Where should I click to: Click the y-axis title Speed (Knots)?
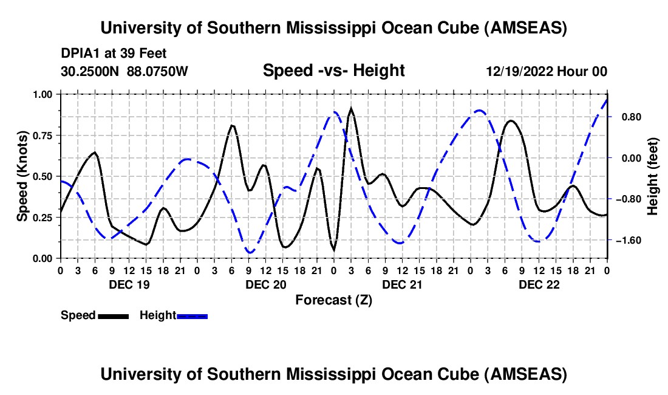pos(22,176)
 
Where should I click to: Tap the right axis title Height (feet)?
pos(653,176)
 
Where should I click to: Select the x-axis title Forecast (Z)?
pos(333,300)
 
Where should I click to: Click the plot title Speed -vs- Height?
pos(333,71)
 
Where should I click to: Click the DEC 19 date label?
pos(128,284)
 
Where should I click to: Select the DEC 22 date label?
pos(539,284)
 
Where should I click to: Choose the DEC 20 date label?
pos(265,284)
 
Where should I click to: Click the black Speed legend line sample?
pos(113,316)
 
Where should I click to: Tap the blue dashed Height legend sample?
pos(193,316)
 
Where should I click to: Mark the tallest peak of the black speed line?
pos(351,110)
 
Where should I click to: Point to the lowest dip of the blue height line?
pos(250,252)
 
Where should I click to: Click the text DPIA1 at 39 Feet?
pos(114,53)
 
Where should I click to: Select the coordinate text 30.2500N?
pos(90,72)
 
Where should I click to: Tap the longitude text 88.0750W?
pos(157,72)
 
